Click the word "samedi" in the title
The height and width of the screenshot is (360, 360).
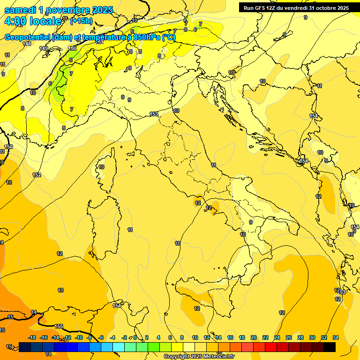tap(20, 9)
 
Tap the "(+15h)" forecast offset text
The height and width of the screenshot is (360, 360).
tap(81, 21)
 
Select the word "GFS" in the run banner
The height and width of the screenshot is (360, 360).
tap(261, 7)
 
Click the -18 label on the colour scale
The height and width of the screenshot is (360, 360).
tap(32, 337)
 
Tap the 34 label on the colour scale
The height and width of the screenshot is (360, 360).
tap(336, 337)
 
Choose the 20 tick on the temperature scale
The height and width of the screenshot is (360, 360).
tap(254, 337)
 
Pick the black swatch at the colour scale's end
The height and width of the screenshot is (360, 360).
tap(329, 347)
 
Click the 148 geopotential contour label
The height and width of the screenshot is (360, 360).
tap(27, 44)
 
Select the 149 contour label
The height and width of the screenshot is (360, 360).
tap(44, 48)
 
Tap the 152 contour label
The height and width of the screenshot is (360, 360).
tap(37, 175)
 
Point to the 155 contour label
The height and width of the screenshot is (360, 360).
tap(59, 326)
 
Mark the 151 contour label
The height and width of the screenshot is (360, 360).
tap(99, 42)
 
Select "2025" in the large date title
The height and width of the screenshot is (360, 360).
tap(103, 9)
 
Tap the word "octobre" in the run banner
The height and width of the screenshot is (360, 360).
tap(327, 7)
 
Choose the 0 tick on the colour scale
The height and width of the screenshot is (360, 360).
tap(135, 337)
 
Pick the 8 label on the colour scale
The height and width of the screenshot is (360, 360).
tap(181, 337)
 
